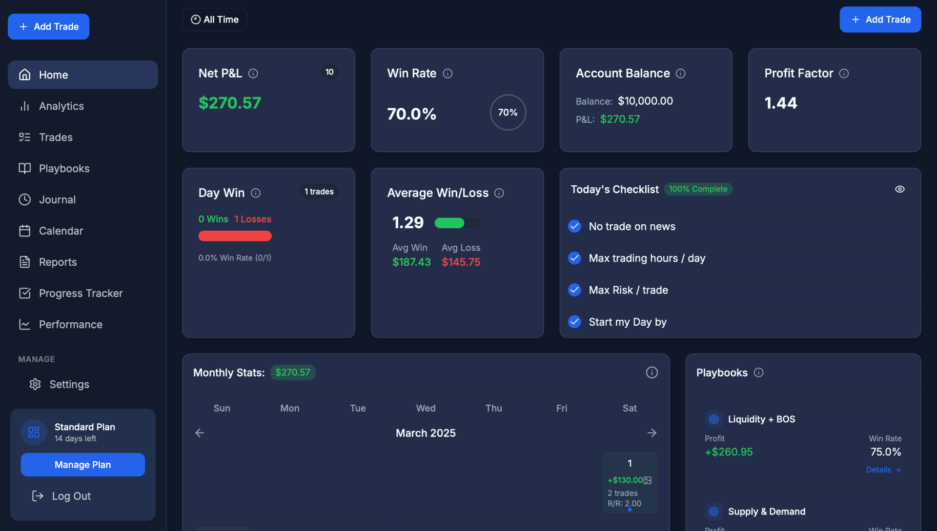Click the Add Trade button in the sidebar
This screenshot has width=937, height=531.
tap(48, 27)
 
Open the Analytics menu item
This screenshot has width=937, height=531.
tap(61, 106)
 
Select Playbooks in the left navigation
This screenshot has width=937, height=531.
tap(64, 169)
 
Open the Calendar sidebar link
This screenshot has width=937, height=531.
tap(61, 231)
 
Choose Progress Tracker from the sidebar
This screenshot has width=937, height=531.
tap(81, 294)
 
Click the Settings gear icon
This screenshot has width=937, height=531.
tap(35, 385)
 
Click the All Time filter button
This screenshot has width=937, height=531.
tap(215, 20)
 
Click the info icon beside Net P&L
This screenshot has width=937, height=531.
tap(253, 74)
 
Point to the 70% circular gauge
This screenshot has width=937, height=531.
tap(508, 113)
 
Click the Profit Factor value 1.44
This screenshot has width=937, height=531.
tap(780, 103)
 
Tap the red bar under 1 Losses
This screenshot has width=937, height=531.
tap(235, 236)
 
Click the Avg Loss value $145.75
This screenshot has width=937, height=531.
tap(461, 262)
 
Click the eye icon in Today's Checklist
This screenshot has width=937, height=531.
tap(899, 189)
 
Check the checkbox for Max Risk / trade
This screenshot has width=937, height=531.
tap(574, 290)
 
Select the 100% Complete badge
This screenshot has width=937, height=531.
tap(698, 189)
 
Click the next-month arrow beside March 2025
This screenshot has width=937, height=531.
tap(652, 433)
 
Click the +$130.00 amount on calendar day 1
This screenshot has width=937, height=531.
tap(625, 480)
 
